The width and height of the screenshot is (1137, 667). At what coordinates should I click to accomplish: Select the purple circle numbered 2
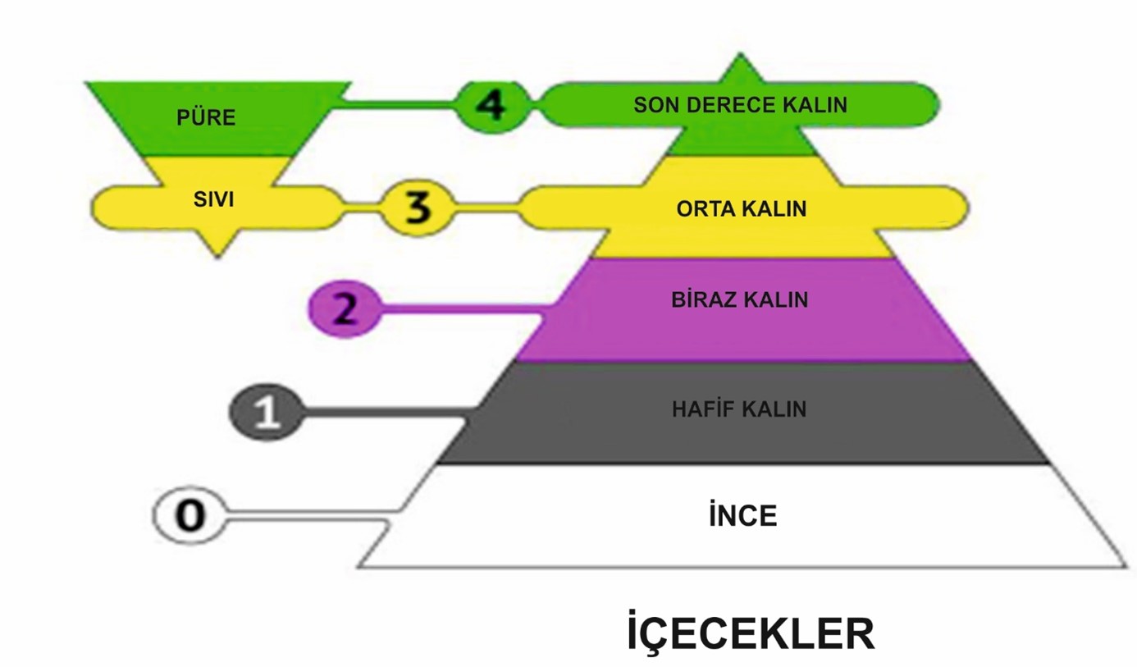345,310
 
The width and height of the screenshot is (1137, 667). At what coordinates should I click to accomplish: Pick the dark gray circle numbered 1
267,412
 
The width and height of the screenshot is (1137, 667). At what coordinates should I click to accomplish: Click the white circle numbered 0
189,516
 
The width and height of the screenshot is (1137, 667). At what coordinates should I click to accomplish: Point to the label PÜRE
206,117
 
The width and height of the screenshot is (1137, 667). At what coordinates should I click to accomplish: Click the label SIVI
213,199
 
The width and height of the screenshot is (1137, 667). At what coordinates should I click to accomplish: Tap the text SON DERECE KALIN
740,105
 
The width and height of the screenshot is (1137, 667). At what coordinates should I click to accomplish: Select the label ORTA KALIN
741,208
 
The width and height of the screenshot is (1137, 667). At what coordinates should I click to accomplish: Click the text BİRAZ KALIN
739,299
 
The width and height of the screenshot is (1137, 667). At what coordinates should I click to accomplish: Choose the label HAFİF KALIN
739,409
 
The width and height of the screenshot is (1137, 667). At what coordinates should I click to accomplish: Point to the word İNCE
742,516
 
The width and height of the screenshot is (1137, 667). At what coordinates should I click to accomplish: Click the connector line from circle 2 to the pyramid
459,309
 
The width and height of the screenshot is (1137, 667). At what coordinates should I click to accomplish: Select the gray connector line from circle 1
386,412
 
